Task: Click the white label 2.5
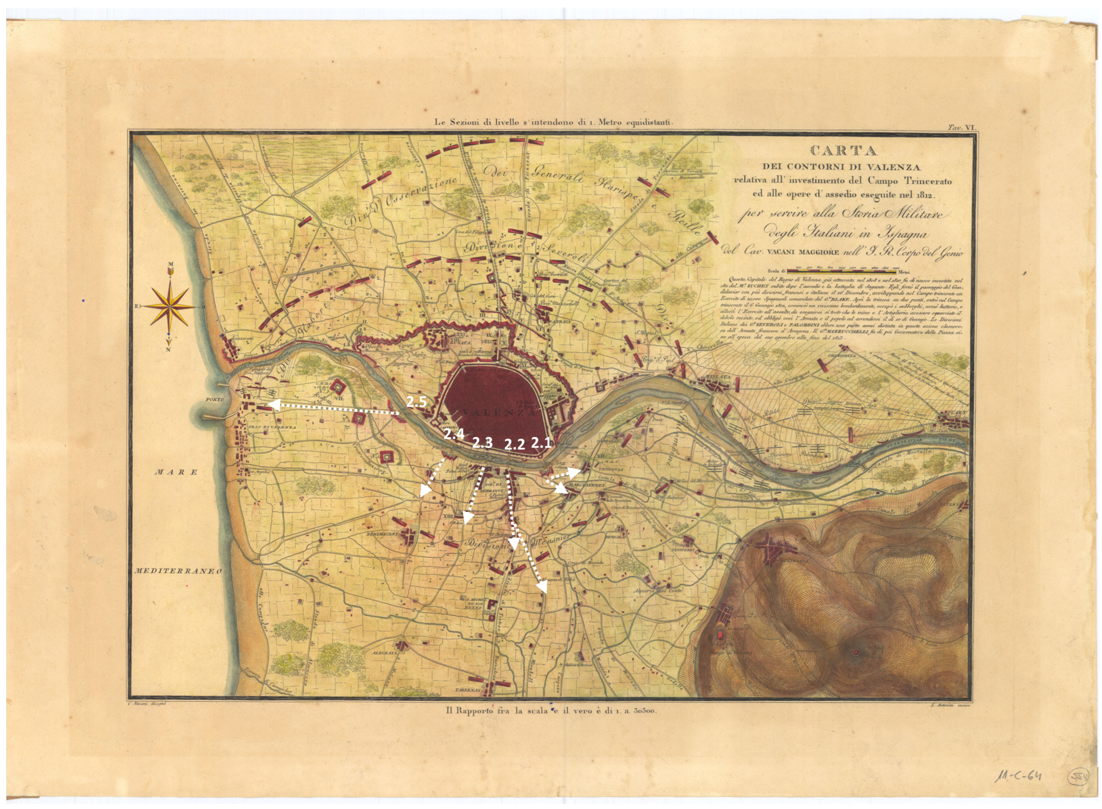point(417,402)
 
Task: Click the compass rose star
point(170,307)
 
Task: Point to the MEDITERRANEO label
point(178,571)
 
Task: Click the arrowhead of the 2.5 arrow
point(273,404)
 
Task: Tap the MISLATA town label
point(718,377)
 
